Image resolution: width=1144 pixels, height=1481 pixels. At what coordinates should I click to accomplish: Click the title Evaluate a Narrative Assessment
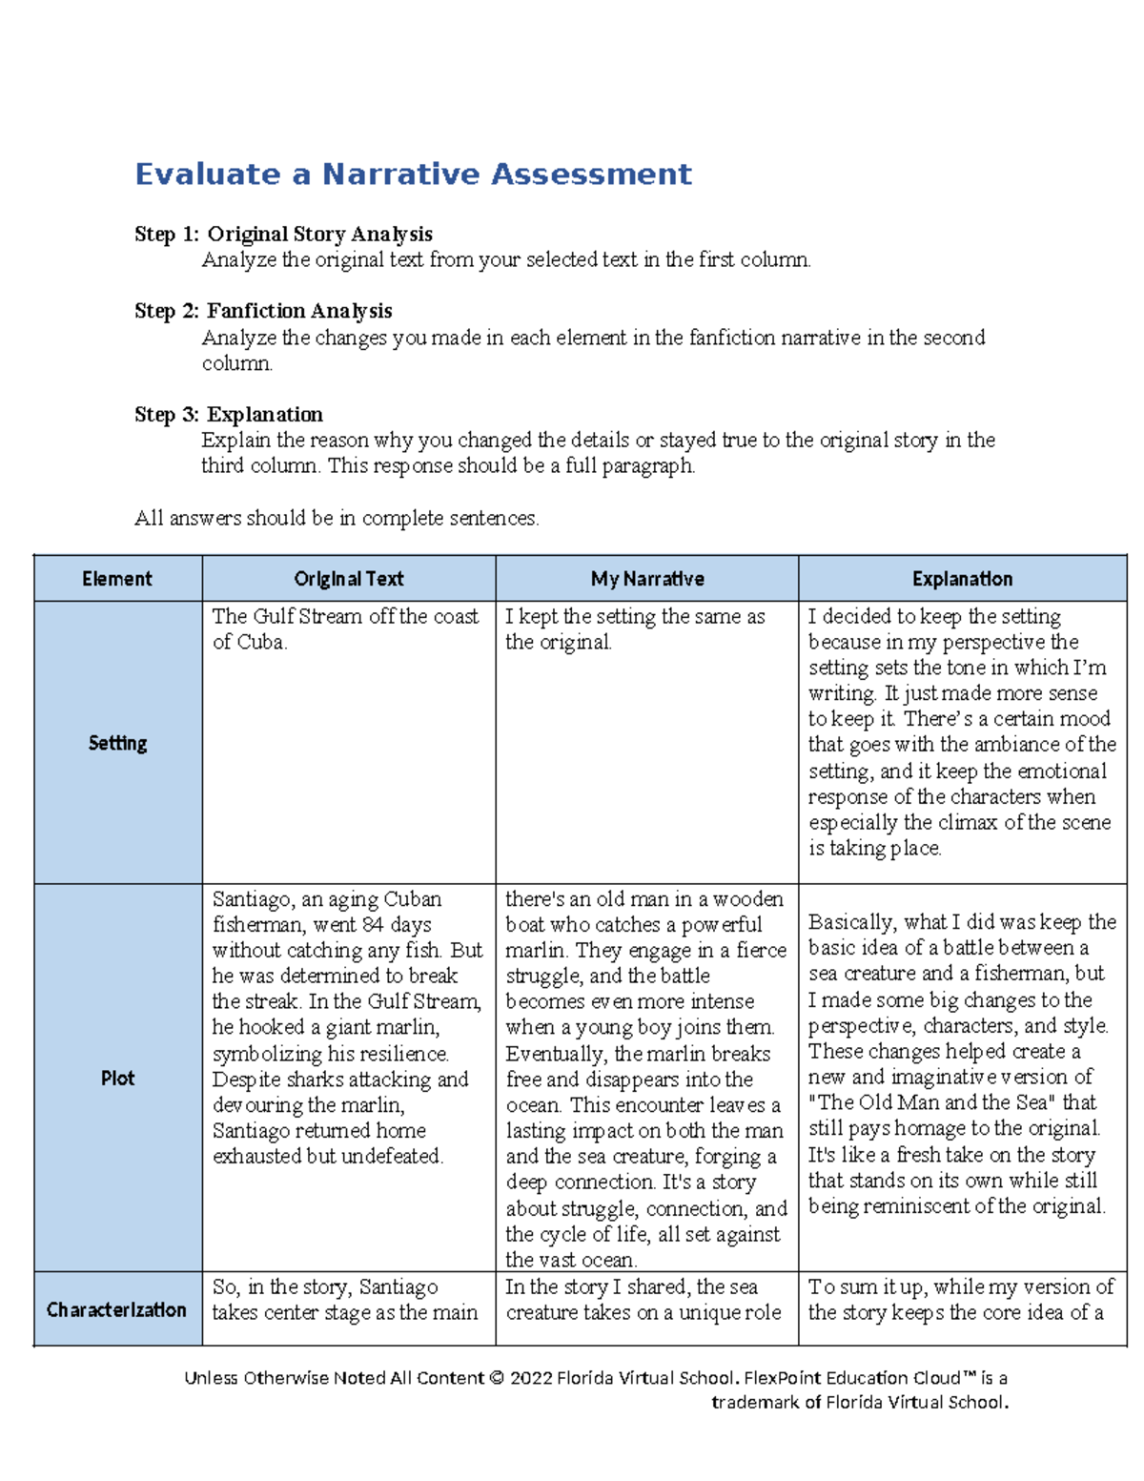point(413,175)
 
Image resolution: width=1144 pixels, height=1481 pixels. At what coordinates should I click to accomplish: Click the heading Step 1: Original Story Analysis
point(283,235)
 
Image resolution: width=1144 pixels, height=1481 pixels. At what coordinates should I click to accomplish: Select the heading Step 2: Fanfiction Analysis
point(263,311)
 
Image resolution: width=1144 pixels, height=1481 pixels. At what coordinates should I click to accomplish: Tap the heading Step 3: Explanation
point(229,415)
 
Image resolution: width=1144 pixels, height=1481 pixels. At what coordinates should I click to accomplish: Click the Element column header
point(117,579)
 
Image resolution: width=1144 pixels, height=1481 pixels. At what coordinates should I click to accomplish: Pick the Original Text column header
point(348,579)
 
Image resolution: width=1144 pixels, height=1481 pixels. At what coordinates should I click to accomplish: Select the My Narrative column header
point(647,579)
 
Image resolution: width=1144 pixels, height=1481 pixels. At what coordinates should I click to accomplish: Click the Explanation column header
point(962,579)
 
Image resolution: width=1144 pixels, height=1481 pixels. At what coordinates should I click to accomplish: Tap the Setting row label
point(117,743)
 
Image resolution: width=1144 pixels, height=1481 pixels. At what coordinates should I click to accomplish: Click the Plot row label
point(117,1079)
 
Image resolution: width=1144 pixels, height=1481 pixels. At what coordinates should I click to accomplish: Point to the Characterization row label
point(117,1310)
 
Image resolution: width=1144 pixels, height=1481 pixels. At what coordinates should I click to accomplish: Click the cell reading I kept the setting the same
point(634,629)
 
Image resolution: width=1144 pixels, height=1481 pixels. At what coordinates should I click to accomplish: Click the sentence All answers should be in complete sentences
point(337,519)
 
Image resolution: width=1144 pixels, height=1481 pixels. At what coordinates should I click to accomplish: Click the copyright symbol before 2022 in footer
point(496,1378)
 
